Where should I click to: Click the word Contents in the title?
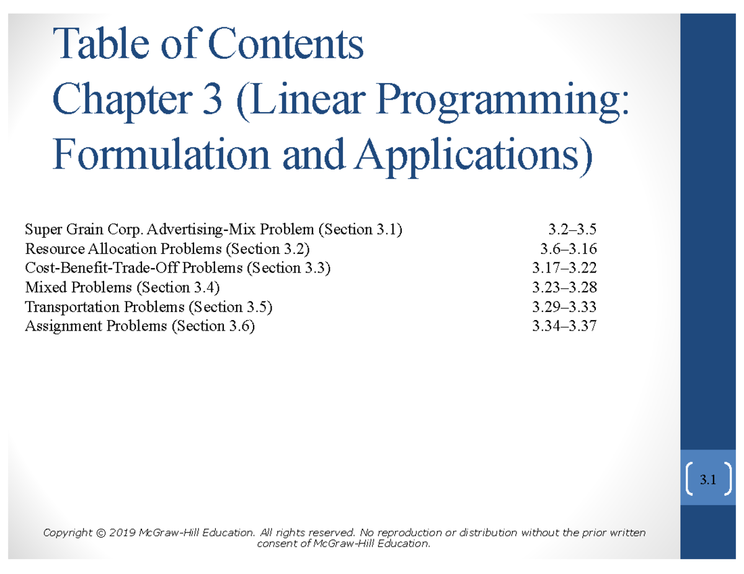(285, 44)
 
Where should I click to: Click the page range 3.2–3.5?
(572, 230)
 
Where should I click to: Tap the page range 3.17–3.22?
(564, 269)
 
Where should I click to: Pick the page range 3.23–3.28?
(564, 288)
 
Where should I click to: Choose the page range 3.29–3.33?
(564, 307)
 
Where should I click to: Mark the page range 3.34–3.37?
(564, 326)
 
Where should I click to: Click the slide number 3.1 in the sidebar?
(708, 479)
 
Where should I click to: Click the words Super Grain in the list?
(61, 230)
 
